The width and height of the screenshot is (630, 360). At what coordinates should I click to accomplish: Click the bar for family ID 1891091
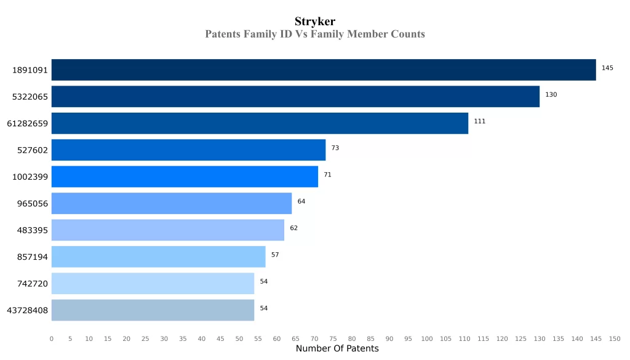click(x=324, y=70)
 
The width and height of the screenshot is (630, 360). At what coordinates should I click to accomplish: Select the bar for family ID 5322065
click(x=295, y=97)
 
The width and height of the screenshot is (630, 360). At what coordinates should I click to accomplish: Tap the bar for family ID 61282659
click(x=260, y=123)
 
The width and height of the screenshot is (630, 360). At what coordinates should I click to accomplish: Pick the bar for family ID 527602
click(x=188, y=150)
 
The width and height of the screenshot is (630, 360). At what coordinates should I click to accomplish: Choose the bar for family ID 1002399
click(x=185, y=177)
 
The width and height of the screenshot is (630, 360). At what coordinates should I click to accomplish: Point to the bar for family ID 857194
click(x=158, y=257)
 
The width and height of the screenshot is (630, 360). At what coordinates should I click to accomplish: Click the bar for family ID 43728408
click(x=153, y=310)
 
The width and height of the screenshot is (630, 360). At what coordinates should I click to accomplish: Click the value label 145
click(x=607, y=68)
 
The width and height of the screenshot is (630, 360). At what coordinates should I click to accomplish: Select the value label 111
click(x=479, y=121)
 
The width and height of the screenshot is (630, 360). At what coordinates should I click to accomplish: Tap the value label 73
click(x=335, y=148)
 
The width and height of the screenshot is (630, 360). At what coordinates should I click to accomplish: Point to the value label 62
click(x=293, y=228)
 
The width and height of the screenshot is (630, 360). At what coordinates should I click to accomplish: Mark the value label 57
click(x=275, y=255)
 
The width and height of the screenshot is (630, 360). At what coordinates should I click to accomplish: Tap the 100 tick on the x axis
click(x=427, y=338)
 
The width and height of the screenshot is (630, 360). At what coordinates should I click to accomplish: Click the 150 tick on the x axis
click(x=615, y=338)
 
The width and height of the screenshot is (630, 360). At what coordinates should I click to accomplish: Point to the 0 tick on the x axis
click(x=52, y=338)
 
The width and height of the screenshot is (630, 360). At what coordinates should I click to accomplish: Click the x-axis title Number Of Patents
click(x=337, y=349)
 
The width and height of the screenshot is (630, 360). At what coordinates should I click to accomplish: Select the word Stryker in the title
click(x=315, y=22)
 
